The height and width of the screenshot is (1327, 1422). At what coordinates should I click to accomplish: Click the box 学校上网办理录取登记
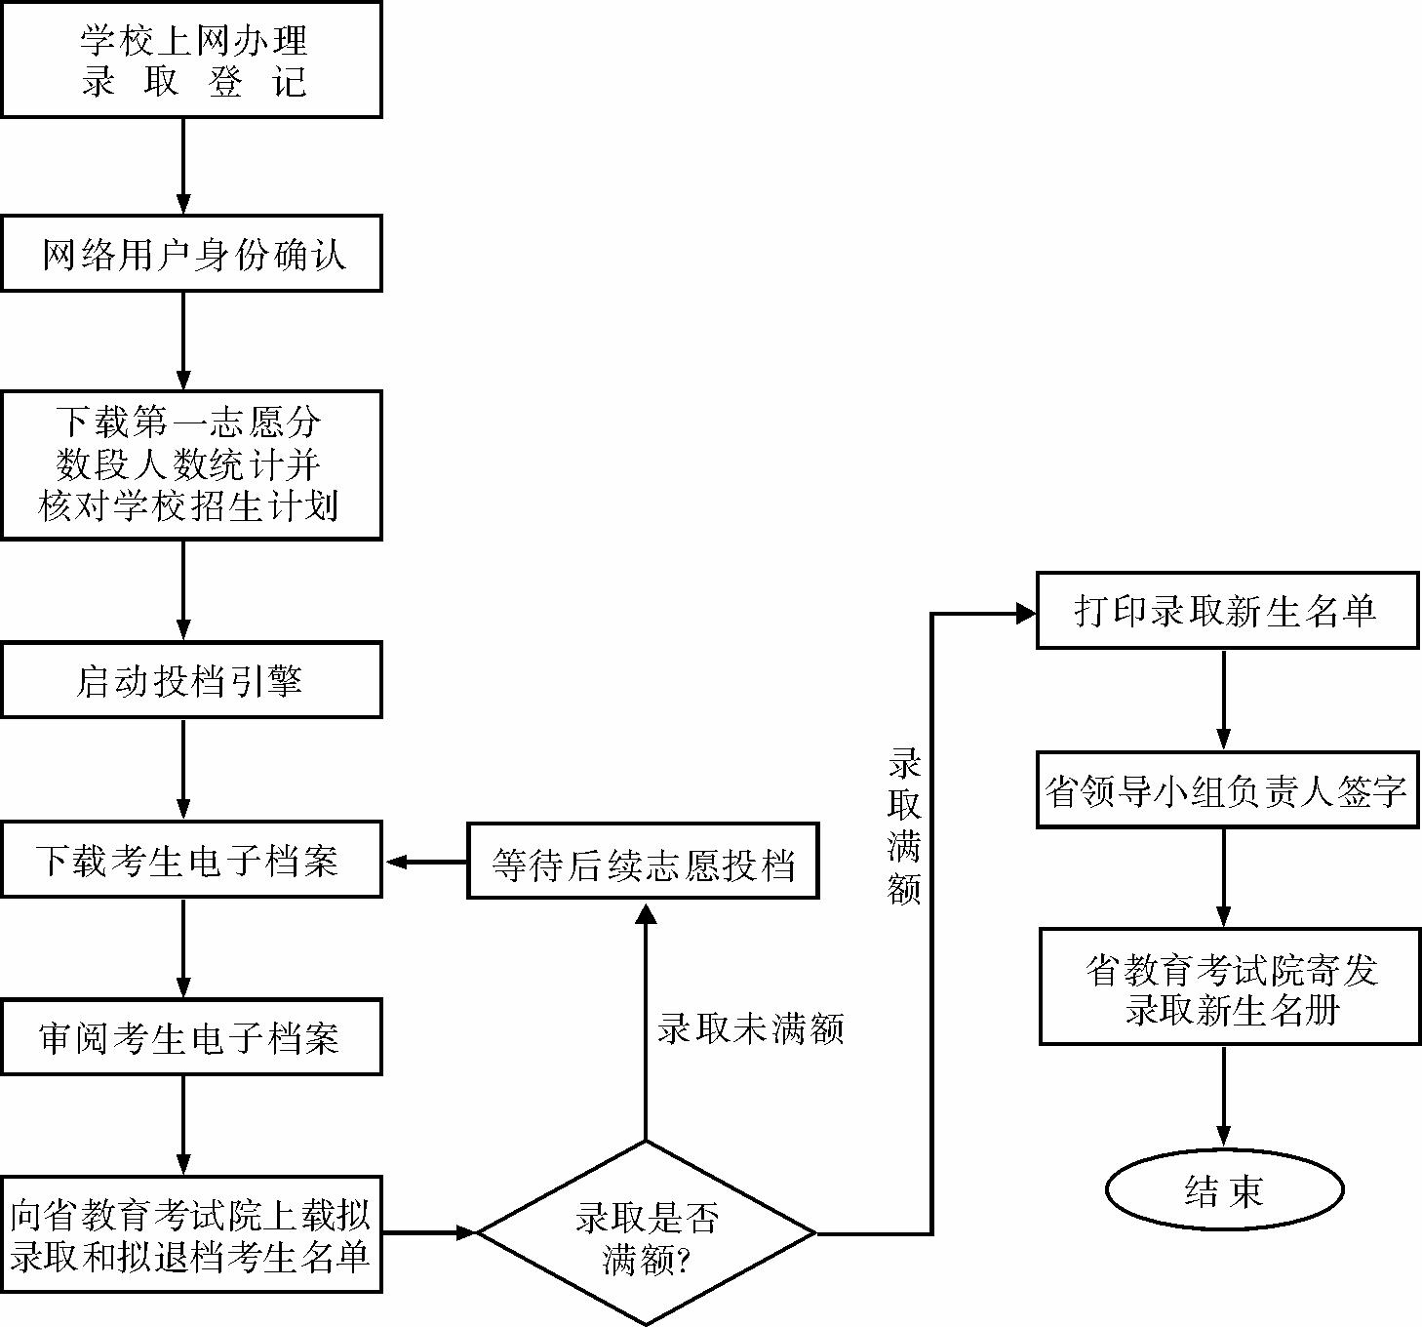[x=191, y=60]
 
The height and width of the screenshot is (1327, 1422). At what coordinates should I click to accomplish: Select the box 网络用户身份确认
[x=191, y=254]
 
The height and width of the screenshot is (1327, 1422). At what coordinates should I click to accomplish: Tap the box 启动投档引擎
[x=191, y=680]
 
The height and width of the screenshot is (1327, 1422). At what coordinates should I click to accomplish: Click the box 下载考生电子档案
[x=191, y=860]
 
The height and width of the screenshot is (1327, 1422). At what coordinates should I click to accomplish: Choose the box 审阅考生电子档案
[x=191, y=1037]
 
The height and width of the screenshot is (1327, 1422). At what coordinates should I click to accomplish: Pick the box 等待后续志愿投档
[x=643, y=861]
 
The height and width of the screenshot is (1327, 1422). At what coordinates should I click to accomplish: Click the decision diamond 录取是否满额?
[x=646, y=1233]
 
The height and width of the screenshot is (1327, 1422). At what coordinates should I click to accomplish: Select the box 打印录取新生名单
[x=1226, y=611]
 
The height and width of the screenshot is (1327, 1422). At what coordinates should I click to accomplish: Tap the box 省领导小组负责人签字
[x=1226, y=790]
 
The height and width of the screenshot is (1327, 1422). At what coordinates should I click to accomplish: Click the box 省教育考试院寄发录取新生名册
[x=1229, y=986]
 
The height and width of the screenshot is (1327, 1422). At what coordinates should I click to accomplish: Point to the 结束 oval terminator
[x=1224, y=1189]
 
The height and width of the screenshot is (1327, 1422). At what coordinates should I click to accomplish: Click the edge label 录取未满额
[x=750, y=1028]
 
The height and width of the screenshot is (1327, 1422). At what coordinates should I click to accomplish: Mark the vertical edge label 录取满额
[x=904, y=825]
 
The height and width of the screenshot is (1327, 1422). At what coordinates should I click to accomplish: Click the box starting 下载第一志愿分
[x=191, y=465]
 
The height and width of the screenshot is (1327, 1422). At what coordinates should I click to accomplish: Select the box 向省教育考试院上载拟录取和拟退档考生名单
[x=191, y=1234]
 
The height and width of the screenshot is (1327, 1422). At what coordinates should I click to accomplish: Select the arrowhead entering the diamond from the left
[x=465, y=1233]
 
